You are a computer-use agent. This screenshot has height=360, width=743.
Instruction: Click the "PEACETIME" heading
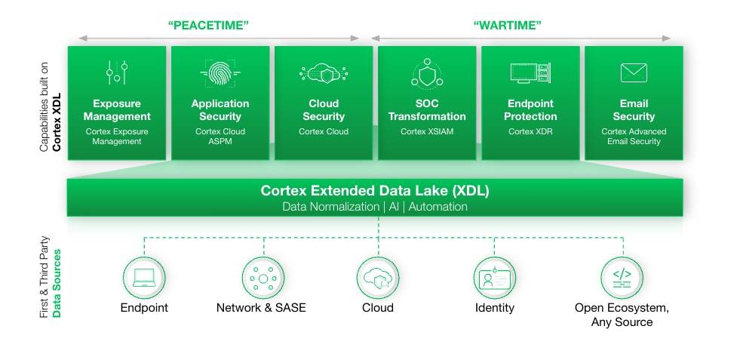coord(208,26)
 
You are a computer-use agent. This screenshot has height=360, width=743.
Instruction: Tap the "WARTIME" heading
coord(508,26)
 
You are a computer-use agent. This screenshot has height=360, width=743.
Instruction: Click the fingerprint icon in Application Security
coord(220,73)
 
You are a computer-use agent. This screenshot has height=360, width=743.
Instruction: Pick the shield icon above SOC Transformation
coord(427,73)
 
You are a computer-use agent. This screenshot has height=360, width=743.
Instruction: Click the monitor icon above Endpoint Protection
coord(530,73)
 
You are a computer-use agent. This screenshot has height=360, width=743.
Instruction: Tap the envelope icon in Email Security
coord(634,72)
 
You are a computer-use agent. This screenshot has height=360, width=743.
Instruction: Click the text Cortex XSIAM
coord(426,131)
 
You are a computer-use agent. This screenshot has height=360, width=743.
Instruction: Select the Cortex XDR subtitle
coord(530,131)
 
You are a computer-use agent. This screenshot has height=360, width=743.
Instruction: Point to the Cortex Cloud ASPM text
coord(220,137)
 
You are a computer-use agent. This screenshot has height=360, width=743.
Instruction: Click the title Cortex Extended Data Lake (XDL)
coord(374,191)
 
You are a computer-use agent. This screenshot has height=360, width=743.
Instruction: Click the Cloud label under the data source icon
coord(378,308)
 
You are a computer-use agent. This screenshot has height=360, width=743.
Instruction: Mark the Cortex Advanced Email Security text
coord(634,137)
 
